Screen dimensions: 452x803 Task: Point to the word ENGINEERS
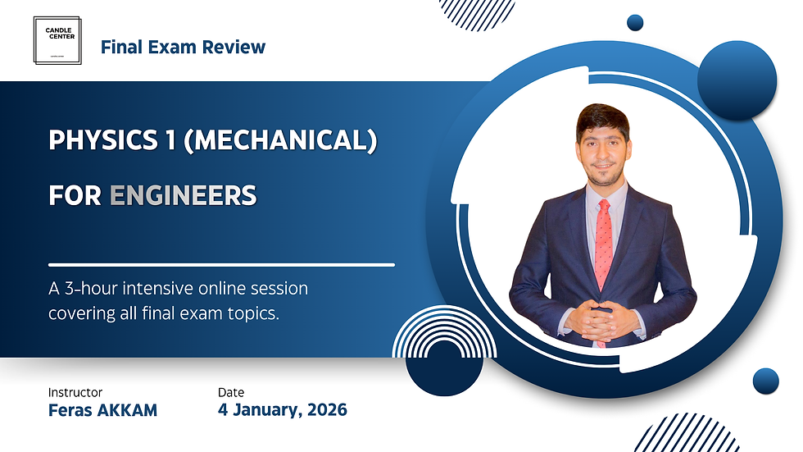click(183, 196)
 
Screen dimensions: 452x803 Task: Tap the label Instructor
click(75, 392)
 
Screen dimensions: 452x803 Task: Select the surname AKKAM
click(127, 409)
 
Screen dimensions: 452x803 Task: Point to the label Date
click(231, 392)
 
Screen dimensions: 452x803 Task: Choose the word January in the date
click(262, 409)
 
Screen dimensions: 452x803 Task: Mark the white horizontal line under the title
click(221, 264)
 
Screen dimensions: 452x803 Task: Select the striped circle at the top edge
click(477, 11)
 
